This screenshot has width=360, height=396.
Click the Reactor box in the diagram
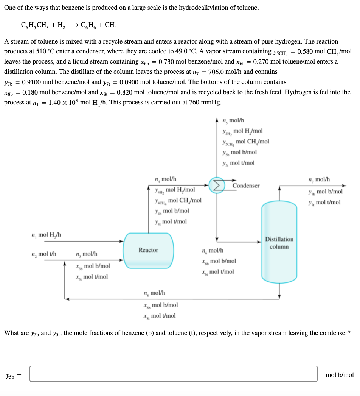pyautogui.click(x=149, y=250)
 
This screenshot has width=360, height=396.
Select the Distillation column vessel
pyautogui.click(x=279, y=242)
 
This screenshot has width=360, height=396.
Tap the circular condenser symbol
pyautogui.click(x=217, y=186)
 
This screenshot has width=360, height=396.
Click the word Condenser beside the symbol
pyautogui.click(x=246, y=186)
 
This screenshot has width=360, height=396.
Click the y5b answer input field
pyautogui.click(x=174, y=374)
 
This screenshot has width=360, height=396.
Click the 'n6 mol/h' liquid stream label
pyautogui.click(x=213, y=251)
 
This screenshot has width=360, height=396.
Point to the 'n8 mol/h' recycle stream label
pyautogui.click(x=154, y=293)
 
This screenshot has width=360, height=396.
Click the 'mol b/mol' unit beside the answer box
pyautogui.click(x=340, y=375)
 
